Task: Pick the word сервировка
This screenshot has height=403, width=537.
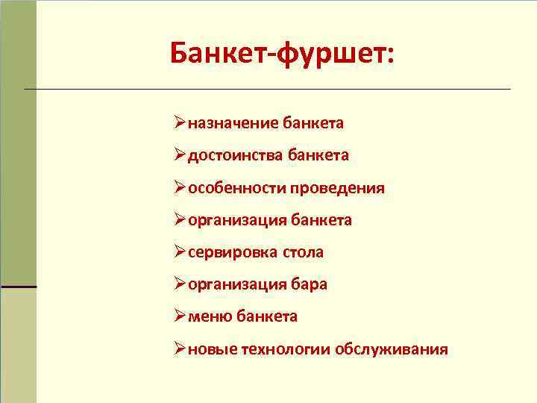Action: (x=233, y=252)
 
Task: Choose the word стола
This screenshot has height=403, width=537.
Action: (x=303, y=252)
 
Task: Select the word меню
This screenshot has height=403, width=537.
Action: (x=210, y=316)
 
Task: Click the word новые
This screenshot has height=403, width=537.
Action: (x=213, y=349)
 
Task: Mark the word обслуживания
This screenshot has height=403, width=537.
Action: (x=392, y=349)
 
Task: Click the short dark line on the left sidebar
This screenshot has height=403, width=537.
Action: (x=18, y=287)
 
